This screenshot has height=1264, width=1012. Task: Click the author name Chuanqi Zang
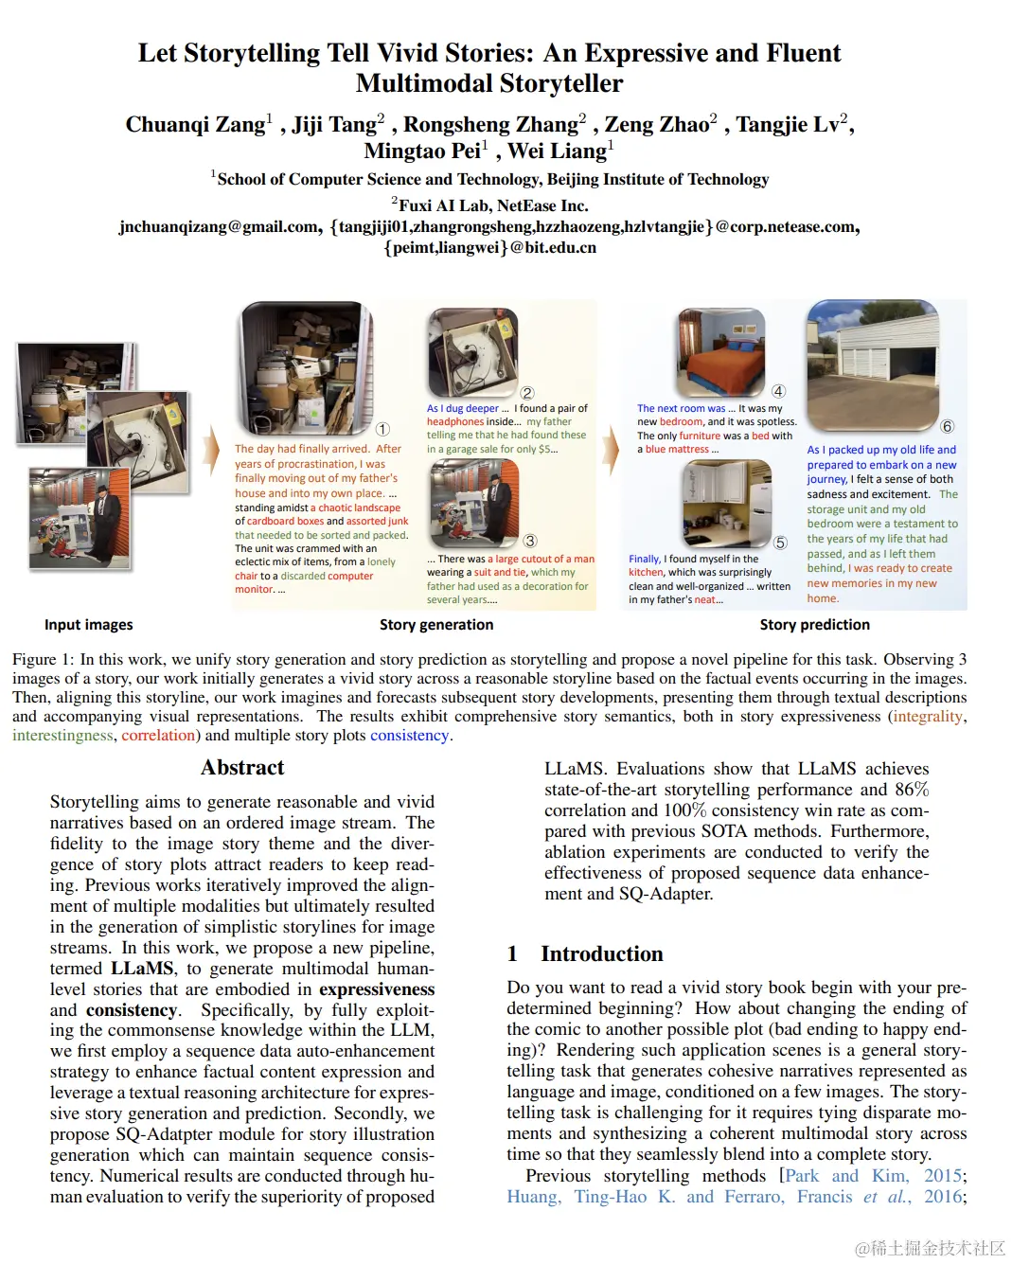click(x=196, y=125)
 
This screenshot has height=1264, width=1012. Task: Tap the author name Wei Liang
click(x=557, y=151)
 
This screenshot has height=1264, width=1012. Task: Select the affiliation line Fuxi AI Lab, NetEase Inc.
click(x=492, y=205)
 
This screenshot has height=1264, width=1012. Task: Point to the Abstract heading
click(x=242, y=768)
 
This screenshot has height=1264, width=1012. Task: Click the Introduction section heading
click(x=601, y=953)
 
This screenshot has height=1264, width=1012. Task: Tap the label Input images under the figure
click(x=88, y=625)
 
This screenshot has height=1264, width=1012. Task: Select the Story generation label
click(x=436, y=625)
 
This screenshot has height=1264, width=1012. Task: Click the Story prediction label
click(x=814, y=625)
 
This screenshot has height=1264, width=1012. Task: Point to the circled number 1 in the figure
click(x=382, y=429)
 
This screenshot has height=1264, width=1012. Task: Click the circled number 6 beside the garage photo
click(x=947, y=426)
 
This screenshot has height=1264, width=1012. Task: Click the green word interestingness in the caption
click(x=62, y=736)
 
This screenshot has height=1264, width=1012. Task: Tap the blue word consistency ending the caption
click(x=409, y=736)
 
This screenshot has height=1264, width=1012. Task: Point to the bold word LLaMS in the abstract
click(x=142, y=969)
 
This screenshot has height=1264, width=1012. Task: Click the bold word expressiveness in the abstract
click(x=377, y=989)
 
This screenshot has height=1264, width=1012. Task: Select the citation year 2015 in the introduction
click(x=943, y=1176)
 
